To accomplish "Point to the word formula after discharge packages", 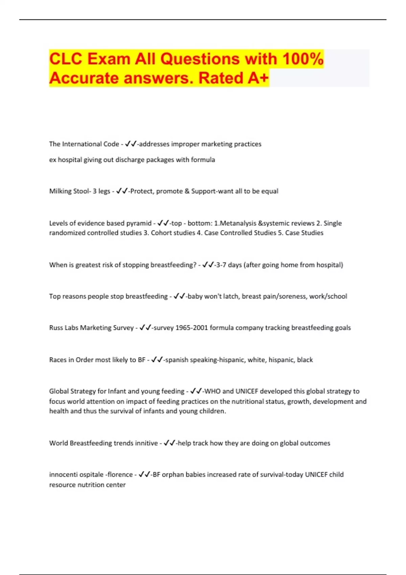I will coord(203,160).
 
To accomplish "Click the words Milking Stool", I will coord(70,191).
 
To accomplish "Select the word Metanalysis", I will coord(238,223).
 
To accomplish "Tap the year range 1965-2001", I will coord(191,328).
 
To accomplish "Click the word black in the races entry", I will coord(305,360).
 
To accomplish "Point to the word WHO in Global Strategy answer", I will coord(212,391).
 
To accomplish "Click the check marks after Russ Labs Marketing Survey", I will coord(145,327).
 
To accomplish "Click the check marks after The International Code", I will coord(131,144).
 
